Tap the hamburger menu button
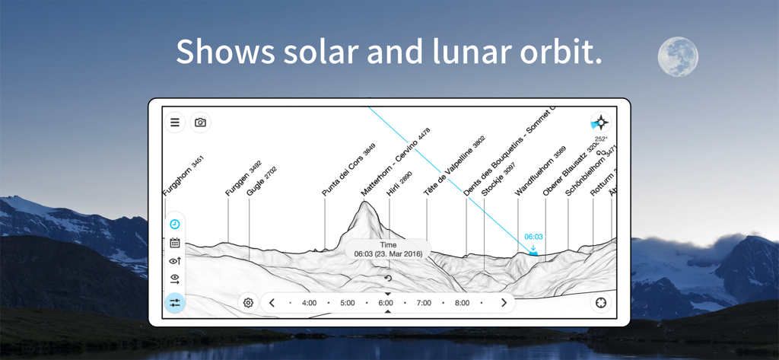pyautogui.click(x=175, y=123)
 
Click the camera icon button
pyautogui.click(x=200, y=123)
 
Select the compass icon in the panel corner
pyautogui.click(x=600, y=123)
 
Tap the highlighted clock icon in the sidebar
pyautogui.click(x=175, y=225)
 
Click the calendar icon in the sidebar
pyautogui.click(x=175, y=243)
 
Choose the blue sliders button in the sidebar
pyautogui.click(x=175, y=303)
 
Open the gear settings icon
pyautogui.click(x=248, y=303)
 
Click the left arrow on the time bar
pyautogui.click(x=272, y=303)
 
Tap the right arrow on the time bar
pyautogui.click(x=504, y=303)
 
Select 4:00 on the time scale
pyautogui.click(x=309, y=303)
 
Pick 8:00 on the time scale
pyautogui.click(x=462, y=303)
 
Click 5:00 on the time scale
pyautogui.click(x=347, y=303)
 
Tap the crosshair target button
pyautogui.click(x=601, y=303)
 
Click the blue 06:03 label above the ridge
pyautogui.click(x=533, y=237)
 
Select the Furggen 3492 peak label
pyautogui.click(x=243, y=178)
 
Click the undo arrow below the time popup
pyautogui.click(x=388, y=279)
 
